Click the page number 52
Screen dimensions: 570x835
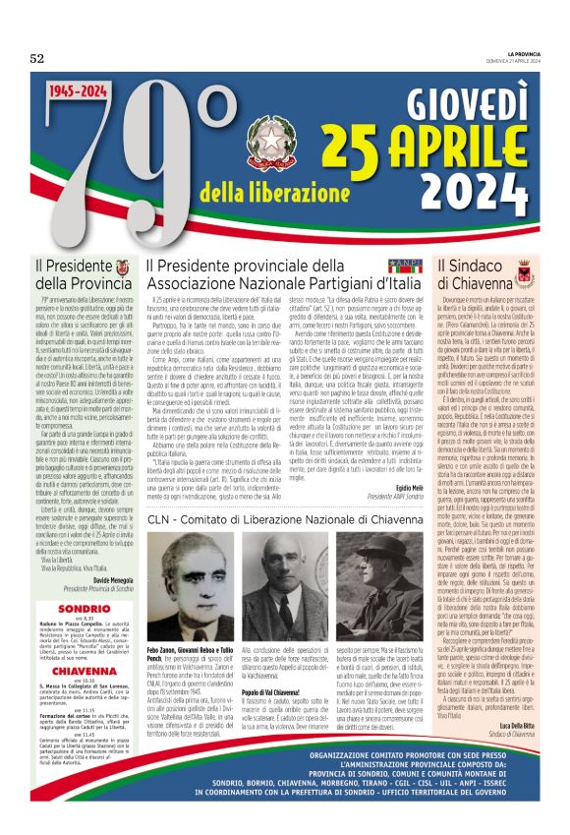(x=37, y=58)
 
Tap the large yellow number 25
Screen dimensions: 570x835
(x=354, y=147)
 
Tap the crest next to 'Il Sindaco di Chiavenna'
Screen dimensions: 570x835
(x=523, y=268)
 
